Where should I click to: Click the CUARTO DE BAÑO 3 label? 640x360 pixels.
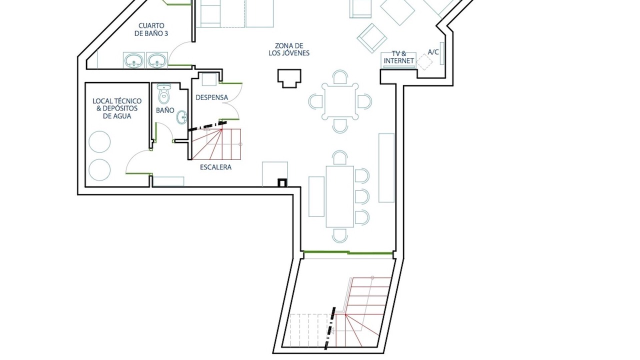[151, 29]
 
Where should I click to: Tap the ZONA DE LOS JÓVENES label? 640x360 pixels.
[289, 49]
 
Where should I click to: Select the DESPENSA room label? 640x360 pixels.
[211, 97]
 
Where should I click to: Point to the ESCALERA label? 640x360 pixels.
[215, 167]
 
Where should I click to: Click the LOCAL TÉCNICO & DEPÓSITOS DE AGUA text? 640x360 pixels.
[117, 108]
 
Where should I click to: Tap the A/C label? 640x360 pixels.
[433, 52]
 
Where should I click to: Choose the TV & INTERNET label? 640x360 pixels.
[399, 57]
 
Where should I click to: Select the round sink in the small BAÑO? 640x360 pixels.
[181, 117]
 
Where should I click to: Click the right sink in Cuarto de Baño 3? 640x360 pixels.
[157, 60]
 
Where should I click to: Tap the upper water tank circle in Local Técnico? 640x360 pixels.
[99, 141]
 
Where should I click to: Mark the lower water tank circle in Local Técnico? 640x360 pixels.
[99, 169]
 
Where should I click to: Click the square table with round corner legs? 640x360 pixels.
[340, 101]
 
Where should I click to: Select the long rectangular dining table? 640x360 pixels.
[340, 196]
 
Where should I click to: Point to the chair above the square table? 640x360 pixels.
[340, 77]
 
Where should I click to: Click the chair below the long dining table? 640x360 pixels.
[340, 235]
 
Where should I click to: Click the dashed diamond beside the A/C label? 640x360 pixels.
[424, 62]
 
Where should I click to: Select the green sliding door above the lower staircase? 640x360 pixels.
[348, 253]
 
